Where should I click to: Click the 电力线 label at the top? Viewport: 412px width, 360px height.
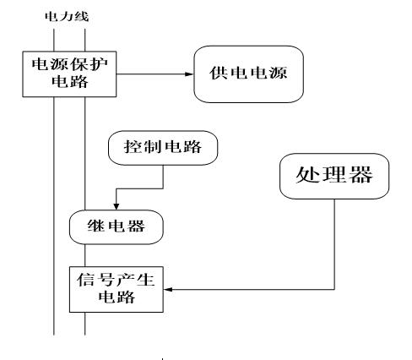tap(67, 16)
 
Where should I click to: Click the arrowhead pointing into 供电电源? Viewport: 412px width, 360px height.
tap(189, 74)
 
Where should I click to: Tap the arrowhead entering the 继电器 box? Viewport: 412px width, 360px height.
tap(117, 206)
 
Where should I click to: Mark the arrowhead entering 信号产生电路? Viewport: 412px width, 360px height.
tap(168, 289)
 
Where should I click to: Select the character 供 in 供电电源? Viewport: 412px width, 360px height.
tap(219, 73)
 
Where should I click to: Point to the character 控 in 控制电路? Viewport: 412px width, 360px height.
tap(132, 147)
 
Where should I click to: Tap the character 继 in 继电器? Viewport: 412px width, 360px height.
tap(96, 226)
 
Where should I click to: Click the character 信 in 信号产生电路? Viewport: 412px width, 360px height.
tap(86, 280)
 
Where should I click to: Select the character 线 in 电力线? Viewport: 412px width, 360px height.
tap(82, 16)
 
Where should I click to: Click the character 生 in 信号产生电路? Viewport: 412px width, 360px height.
tap(145, 280)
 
